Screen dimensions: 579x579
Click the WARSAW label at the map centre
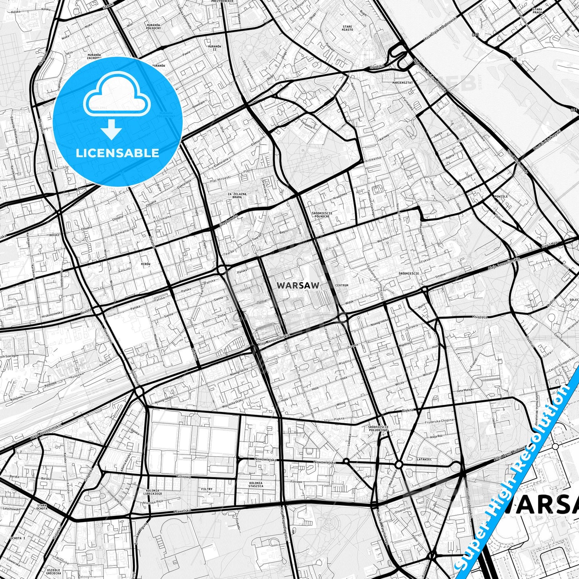coord(298,286)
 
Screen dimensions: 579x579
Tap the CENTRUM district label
coord(343,286)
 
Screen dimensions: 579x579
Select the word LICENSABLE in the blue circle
coord(117,153)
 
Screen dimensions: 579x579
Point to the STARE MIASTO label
coord(347,28)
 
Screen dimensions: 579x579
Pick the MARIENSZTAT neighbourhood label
coord(403,82)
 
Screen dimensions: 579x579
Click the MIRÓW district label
coord(145,264)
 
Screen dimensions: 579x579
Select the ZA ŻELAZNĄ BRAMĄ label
coord(237,196)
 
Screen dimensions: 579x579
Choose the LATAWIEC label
coord(424,460)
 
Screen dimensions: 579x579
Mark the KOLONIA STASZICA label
coord(256,484)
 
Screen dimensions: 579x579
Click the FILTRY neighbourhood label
coord(207,489)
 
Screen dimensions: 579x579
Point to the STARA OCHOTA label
coord(42,507)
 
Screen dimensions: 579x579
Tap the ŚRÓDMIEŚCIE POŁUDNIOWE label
coord(378,429)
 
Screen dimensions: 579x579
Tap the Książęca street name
coord(480,317)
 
